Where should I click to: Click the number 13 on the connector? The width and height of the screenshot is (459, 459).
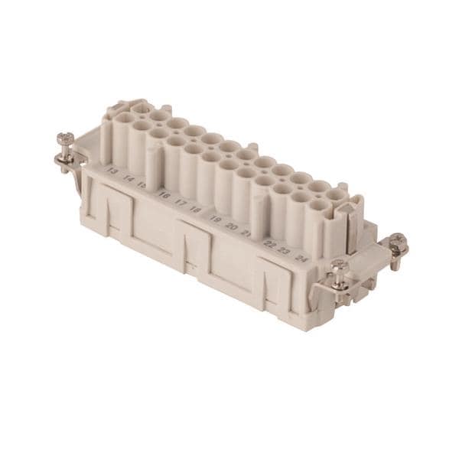pyautogui.click(x=112, y=171)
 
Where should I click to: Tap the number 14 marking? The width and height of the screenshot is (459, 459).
pyautogui.click(x=129, y=178)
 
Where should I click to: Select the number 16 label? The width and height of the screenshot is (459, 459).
pyautogui.click(x=164, y=195)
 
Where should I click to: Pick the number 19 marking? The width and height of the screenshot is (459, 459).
pyautogui.click(x=216, y=219)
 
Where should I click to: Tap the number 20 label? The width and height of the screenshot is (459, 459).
pyautogui.click(x=231, y=226)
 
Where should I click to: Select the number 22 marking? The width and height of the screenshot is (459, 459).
pyautogui.click(x=269, y=243)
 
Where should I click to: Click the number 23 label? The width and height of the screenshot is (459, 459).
pyautogui.click(x=284, y=250)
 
